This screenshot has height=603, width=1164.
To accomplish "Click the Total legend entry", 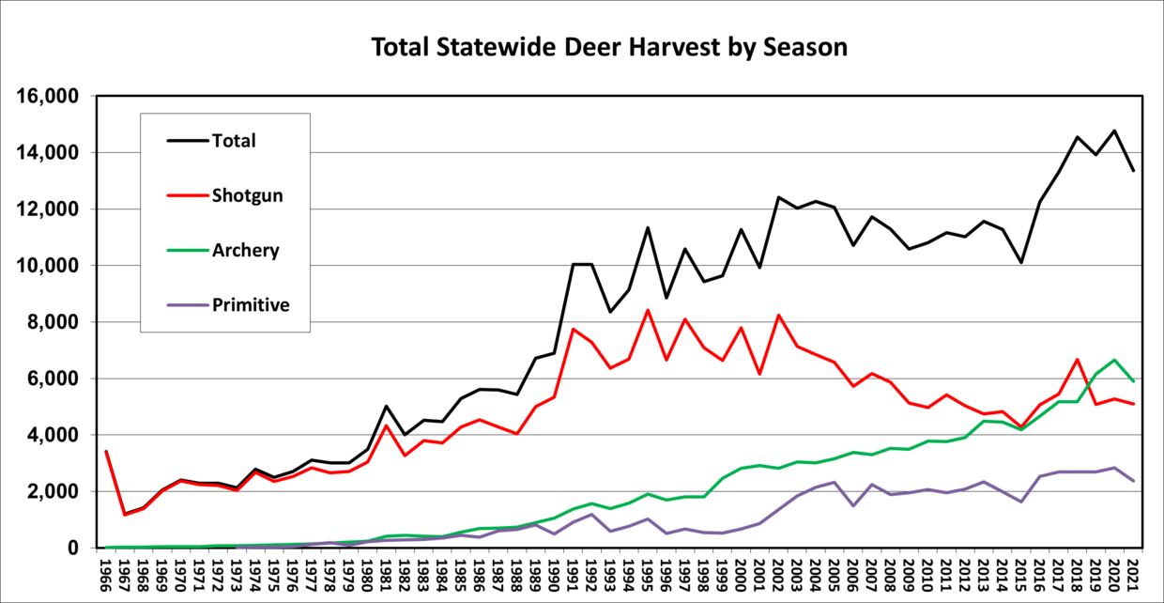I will (x=234, y=141).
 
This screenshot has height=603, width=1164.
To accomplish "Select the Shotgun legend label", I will (x=247, y=195).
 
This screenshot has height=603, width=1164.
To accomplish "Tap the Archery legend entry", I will (x=245, y=251).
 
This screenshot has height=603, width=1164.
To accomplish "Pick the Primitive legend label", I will (x=251, y=305).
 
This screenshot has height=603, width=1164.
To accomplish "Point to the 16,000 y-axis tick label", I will (x=50, y=97).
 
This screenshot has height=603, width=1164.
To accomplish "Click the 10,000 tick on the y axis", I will (x=50, y=266).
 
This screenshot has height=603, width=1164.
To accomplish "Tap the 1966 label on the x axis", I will (x=106, y=573).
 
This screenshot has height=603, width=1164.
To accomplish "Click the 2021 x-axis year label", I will (x=1133, y=573).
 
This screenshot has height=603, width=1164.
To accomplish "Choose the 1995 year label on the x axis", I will (x=648, y=573).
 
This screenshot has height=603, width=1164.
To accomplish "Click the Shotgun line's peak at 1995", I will (x=648, y=310).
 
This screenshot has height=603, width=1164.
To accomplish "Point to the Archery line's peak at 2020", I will (x=1114, y=360).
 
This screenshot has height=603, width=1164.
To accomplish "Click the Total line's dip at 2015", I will (x=1021, y=262).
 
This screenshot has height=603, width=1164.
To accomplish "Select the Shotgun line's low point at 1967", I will (x=125, y=514).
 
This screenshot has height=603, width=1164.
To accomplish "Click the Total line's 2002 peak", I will (x=778, y=197).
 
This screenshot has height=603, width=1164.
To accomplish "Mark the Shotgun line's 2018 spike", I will (x=1077, y=360).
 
